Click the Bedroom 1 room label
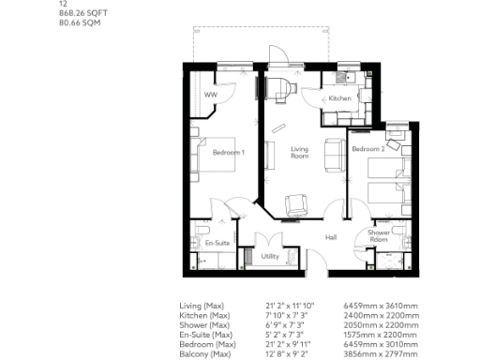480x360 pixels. click(x=229, y=152)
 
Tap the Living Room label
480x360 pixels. click(x=299, y=152)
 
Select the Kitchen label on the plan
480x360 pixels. click(x=338, y=98)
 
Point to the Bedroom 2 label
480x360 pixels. click(x=367, y=149)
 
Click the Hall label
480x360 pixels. click(x=331, y=237)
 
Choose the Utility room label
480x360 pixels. click(x=270, y=255)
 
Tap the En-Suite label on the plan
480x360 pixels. click(x=217, y=243)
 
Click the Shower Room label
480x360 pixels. click(x=379, y=235)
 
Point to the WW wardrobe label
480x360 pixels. click(x=210, y=95)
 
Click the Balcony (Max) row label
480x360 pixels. click(x=205, y=353)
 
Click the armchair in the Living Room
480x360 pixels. click(x=296, y=201)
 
